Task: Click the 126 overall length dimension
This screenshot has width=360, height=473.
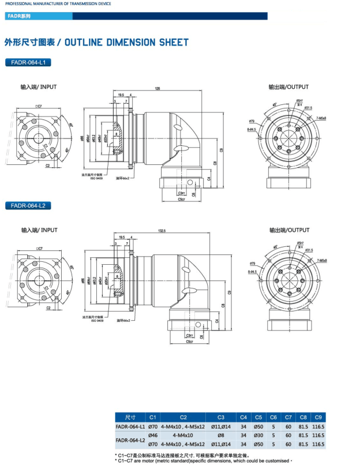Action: tap(157, 88)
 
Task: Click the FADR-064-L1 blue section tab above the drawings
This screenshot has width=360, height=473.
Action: tap(28, 62)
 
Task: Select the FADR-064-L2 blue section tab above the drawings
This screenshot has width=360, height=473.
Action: tap(28, 206)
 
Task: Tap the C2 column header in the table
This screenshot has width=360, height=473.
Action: tap(183, 417)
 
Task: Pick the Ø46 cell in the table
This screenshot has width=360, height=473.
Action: tap(153, 435)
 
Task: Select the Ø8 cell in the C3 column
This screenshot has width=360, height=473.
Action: tap(220, 435)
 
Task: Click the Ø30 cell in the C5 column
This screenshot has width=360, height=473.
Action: tap(258, 435)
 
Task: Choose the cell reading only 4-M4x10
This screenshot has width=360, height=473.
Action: tap(183, 435)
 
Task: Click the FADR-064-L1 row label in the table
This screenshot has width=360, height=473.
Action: tap(130, 426)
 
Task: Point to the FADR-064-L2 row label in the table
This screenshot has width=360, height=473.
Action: tap(130, 440)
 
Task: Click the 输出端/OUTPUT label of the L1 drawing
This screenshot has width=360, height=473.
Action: tap(288, 87)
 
